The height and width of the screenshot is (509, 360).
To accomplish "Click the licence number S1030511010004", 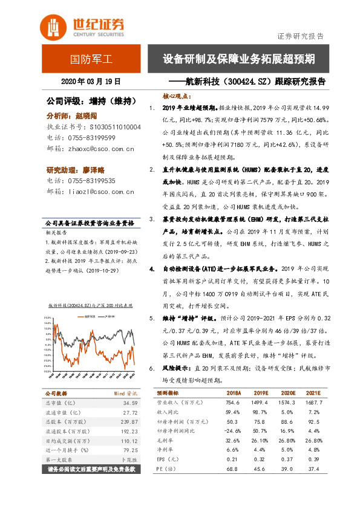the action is click(x=114, y=128).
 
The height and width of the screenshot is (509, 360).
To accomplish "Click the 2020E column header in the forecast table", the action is click(x=300, y=392).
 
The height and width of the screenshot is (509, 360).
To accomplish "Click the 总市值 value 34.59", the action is click(x=129, y=403).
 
